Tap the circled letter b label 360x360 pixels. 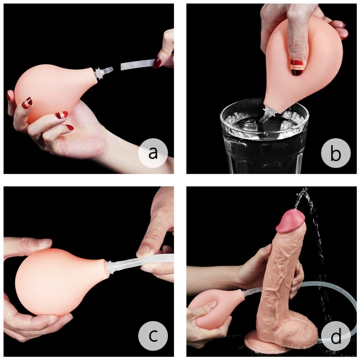pos(336,153)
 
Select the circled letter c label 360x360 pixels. pos(153,336)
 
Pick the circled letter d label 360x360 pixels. pos(336,336)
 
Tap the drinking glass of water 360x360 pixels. pos(264,135)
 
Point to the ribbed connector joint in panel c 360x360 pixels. pos(111,267)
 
